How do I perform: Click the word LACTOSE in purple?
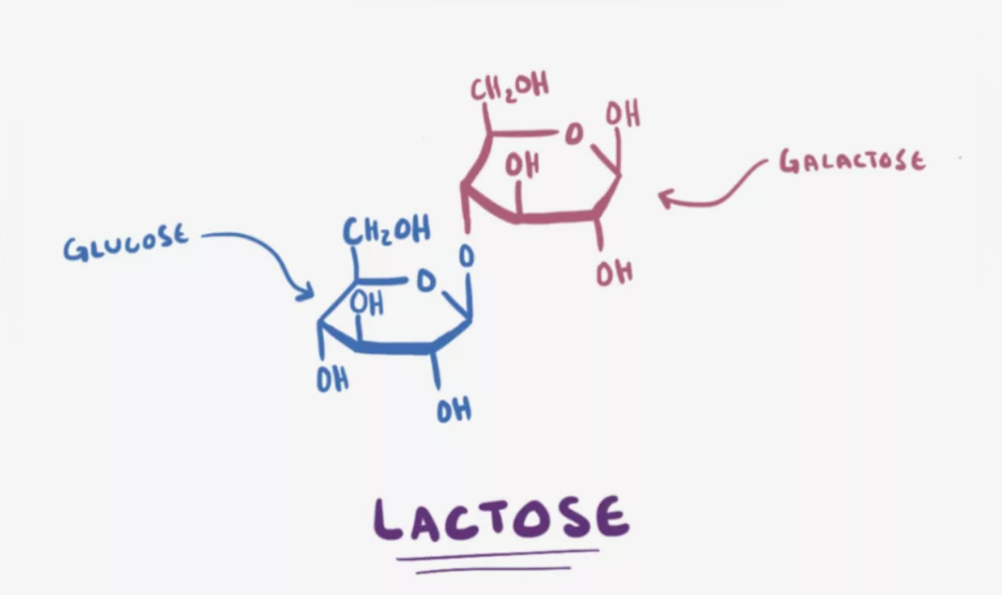coord(501,518)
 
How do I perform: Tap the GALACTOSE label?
coord(852,161)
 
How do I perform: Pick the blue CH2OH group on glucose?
coord(385,231)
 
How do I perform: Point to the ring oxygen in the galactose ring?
coord(573,134)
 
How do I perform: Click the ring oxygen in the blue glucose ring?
coord(425,280)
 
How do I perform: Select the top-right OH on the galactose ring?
coord(623,115)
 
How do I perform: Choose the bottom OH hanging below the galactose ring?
coord(614,273)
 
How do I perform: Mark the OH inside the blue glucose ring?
coord(368,302)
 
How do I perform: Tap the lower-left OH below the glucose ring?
coord(332,381)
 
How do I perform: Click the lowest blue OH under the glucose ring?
coord(454,412)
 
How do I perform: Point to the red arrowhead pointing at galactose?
coord(666,198)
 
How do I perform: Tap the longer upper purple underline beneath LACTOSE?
coord(498,556)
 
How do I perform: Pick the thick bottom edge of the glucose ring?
coord(395,348)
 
